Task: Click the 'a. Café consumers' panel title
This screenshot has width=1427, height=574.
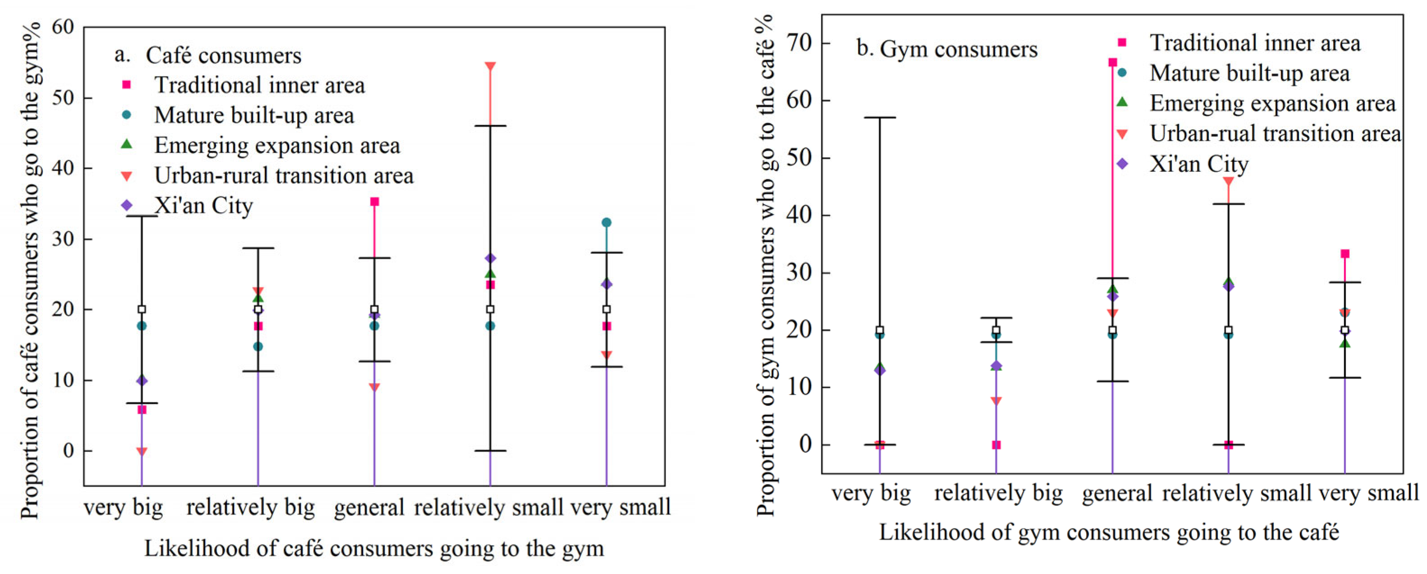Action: tap(208, 55)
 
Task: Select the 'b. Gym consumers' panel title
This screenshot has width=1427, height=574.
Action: tap(947, 49)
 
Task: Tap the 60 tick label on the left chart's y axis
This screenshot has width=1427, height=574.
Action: tap(63, 27)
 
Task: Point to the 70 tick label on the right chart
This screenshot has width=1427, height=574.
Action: tap(800, 43)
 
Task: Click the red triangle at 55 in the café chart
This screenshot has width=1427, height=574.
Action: tap(490, 66)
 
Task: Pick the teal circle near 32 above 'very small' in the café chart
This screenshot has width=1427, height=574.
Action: tap(607, 223)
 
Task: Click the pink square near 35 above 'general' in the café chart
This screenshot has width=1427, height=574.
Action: tap(374, 202)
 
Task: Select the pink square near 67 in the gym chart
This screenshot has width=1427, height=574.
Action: tap(1112, 63)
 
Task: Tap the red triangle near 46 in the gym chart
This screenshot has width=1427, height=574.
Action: tap(1228, 182)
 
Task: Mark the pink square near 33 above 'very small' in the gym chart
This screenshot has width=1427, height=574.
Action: tap(1344, 254)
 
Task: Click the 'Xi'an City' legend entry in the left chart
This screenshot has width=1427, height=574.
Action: tap(203, 206)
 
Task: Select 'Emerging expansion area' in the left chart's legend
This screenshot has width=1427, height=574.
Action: tap(276, 145)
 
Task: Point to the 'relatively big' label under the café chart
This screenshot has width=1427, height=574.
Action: tap(250, 507)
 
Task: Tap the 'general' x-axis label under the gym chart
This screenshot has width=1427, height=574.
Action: tap(1117, 493)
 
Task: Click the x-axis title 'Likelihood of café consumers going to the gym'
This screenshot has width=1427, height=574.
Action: tap(374, 548)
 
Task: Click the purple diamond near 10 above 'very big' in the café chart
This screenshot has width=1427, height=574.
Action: tap(142, 381)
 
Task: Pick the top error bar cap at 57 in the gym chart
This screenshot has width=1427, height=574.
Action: tap(879, 117)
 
